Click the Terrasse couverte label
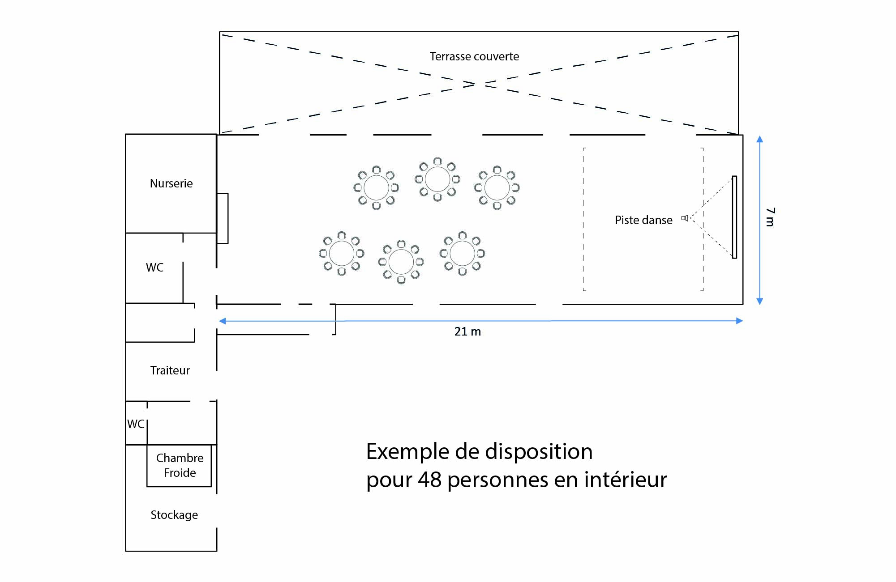(x=474, y=56)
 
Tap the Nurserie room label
(x=171, y=183)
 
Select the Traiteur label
(x=170, y=370)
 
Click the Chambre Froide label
(x=180, y=465)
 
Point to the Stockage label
(x=174, y=515)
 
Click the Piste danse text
(x=643, y=220)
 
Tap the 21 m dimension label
(x=467, y=331)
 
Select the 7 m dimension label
(x=770, y=217)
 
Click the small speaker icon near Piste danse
(x=685, y=218)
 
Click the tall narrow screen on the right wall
(x=734, y=217)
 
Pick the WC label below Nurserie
(x=154, y=268)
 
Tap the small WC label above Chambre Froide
(x=136, y=424)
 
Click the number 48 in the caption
(x=429, y=480)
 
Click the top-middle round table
(x=437, y=179)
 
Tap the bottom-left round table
(x=342, y=253)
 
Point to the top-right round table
(x=497, y=188)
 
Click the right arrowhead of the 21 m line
(x=740, y=321)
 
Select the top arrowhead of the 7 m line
(x=760, y=139)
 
